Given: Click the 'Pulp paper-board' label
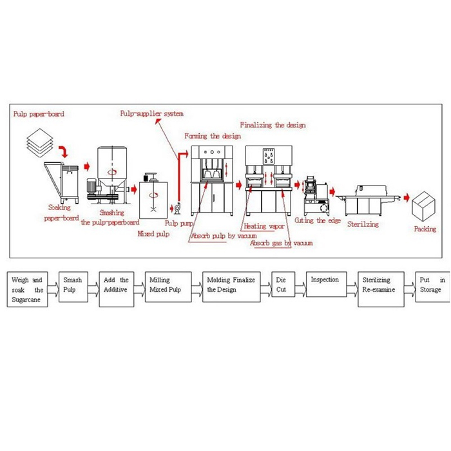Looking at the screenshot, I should pos(39,114).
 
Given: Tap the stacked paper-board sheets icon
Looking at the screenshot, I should pos(40,145).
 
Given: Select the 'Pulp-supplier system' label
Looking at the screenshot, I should pos(151,113).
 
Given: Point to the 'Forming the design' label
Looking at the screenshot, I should pos(213,136).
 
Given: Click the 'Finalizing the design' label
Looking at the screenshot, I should pos(273,125).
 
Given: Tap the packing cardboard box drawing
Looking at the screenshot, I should pos(426,205).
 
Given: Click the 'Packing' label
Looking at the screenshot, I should pos(425,229).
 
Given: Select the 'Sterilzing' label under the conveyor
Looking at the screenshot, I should pos(363,224).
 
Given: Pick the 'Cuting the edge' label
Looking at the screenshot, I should pos(318,220).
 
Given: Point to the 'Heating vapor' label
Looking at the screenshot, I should pos(264,227).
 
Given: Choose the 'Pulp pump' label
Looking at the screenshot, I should pos(178,223).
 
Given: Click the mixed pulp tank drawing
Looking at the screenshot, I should pos(153,198).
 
